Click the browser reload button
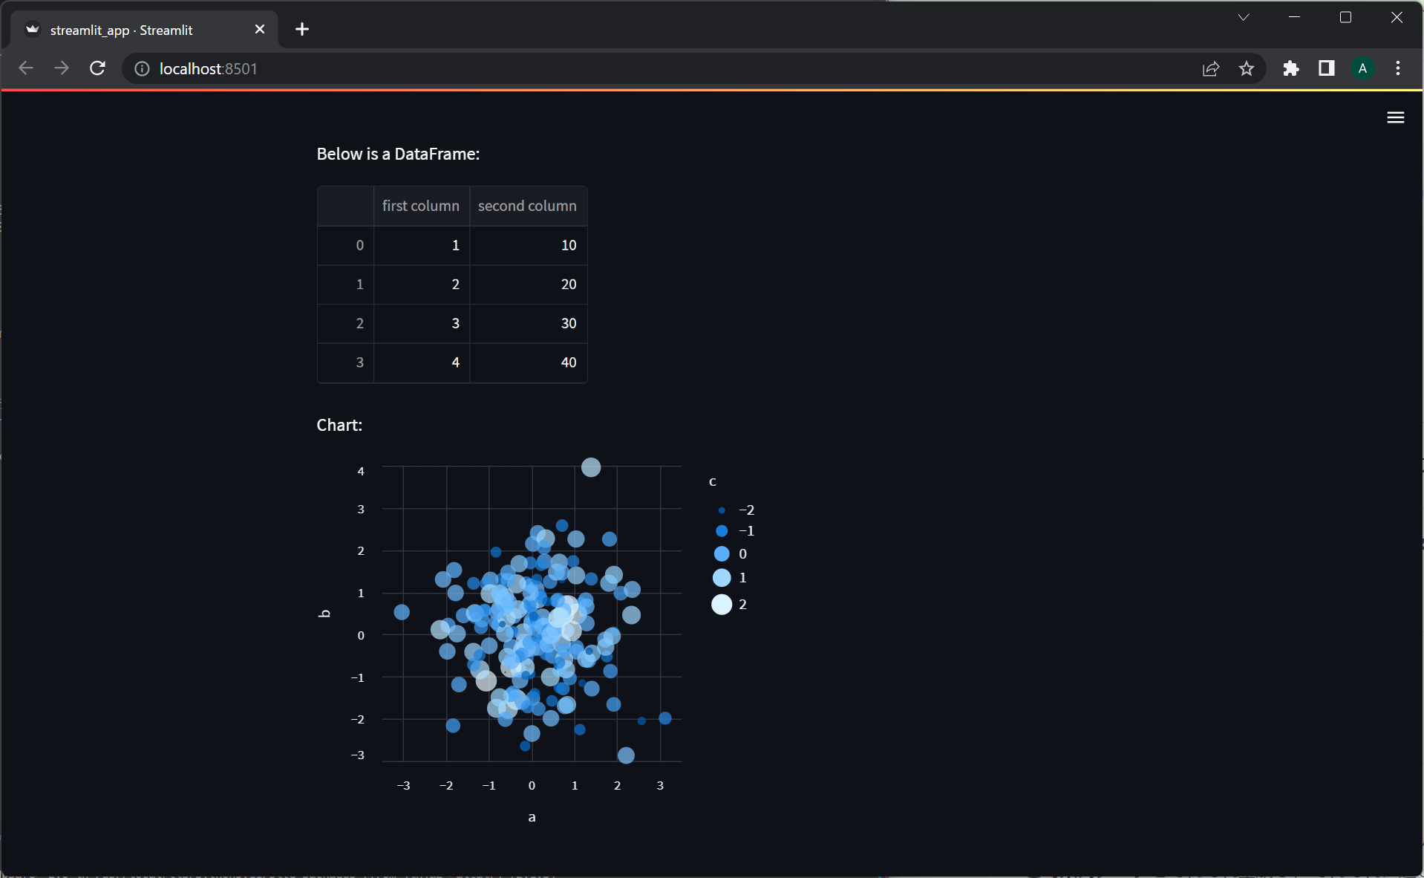(x=97, y=68)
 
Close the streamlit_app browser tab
(x=260, y=29)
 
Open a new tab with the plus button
(x=302, y=29)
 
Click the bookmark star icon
(x=1247, y=68)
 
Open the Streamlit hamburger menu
(x=1395, y=117)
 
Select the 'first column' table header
(x=420, y=206)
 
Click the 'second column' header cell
(x=527, y=206)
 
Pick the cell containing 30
(x=568, y=323)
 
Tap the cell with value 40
(x=568, y=362)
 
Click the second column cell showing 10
(x=568, y=245)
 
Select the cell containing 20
(x=568, y=284)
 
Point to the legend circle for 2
(x=722, y=605)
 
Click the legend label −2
(x=746, y=510)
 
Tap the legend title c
(x=713, y=482)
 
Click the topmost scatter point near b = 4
(x=591, y=467)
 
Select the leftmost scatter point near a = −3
(x=402, y=612)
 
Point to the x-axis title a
(x=532, y=817)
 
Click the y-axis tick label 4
(x=361, y=471)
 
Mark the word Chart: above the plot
(x=339, y=425)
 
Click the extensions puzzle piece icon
(x=1291, y=68)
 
